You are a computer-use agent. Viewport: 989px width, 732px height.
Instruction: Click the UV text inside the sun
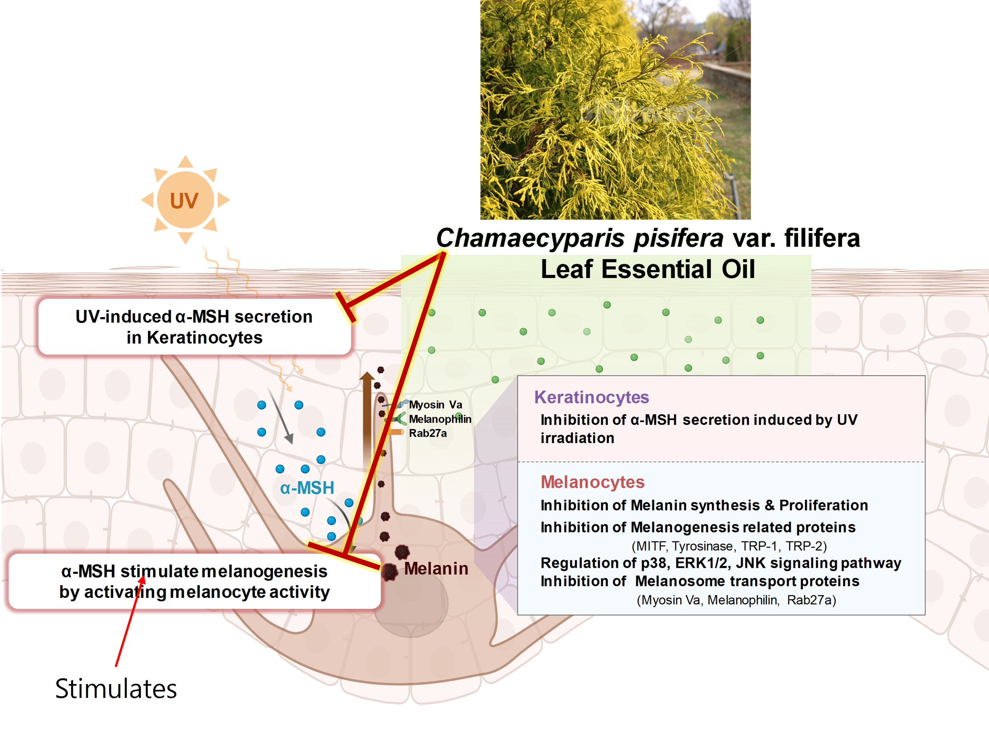(x=184, y=201)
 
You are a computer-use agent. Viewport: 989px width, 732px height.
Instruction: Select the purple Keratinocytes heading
(x=591, y=397)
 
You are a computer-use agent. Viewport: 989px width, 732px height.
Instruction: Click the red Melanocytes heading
(x=592, y=482)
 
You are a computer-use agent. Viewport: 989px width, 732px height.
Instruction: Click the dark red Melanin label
(x=436, y=569)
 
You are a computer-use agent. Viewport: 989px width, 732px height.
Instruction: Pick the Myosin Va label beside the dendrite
(x=435, y=404)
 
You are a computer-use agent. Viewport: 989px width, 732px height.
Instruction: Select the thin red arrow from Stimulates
(x=129, y=620)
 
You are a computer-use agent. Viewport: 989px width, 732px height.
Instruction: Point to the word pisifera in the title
(x=678, y=238)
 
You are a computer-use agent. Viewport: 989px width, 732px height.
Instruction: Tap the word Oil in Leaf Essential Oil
(x=738, y=269)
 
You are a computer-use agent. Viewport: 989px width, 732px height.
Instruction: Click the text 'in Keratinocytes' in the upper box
(x=194, y=338)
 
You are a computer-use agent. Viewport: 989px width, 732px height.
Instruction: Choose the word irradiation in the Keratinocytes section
(x=577, y=438)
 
